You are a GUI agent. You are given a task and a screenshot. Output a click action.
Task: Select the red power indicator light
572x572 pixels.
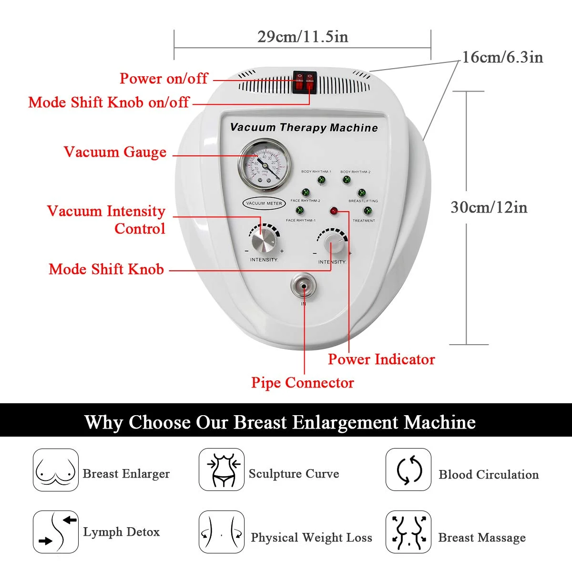click(x=334, y=211)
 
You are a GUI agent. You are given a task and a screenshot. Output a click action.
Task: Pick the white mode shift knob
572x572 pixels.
click(x=335, y=245)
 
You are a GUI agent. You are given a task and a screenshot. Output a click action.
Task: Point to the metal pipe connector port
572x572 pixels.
click(x=304, y=286)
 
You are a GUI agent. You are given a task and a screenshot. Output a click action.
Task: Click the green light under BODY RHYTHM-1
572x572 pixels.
click(x=321, y=180)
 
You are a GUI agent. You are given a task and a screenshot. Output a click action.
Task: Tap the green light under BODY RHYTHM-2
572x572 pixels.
click(x=347, y=180)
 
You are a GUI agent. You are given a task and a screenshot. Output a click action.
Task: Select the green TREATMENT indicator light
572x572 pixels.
click(x=367, y=211)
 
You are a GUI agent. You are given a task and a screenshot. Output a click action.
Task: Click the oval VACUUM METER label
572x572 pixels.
click(x=264, y=203)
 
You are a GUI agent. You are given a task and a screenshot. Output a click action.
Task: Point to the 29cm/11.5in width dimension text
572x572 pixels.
click(x=303, y=37)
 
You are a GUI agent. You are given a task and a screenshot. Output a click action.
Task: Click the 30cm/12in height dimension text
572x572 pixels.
click(x=489, y=207)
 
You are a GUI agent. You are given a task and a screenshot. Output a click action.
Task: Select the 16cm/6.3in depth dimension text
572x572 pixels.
click(x=502, y=57)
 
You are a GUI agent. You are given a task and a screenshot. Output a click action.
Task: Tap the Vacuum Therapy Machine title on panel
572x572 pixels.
click(x=304, y=128)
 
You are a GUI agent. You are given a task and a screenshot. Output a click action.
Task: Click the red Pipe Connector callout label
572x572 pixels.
click(x=302, y=383)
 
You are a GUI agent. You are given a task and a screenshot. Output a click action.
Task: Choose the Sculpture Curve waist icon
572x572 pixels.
click(x=221, y=470)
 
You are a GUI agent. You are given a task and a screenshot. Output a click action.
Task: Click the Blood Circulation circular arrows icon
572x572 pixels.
click(x=409, y=470)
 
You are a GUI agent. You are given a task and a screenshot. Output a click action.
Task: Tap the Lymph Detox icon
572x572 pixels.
click(x=55, y=532)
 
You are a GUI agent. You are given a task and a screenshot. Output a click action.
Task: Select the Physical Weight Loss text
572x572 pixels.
click(x=311, y=538)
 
